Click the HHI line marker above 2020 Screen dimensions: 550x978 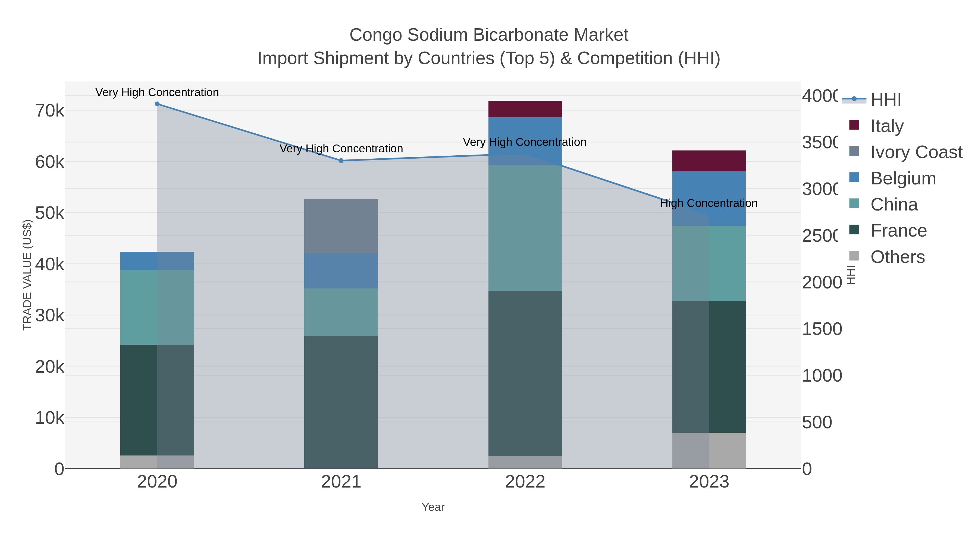click(x=157, y=104)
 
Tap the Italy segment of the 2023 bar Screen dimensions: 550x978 click(x=709, y=161)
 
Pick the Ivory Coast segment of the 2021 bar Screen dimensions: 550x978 click(x=341, y=226)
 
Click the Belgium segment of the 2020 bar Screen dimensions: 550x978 click(x=157, y=261)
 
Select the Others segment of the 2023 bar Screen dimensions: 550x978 click(x=709, y=451)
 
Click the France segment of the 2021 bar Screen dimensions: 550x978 click(x=341, y=402)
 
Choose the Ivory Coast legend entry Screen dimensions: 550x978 click(x=916, y=152)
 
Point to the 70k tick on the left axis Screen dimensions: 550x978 click(x=50, y=111)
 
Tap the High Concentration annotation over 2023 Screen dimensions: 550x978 click(x=709, y=203)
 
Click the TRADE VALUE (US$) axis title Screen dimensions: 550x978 click(x=27, y=275)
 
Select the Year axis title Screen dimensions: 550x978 click(x=433, y=507)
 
